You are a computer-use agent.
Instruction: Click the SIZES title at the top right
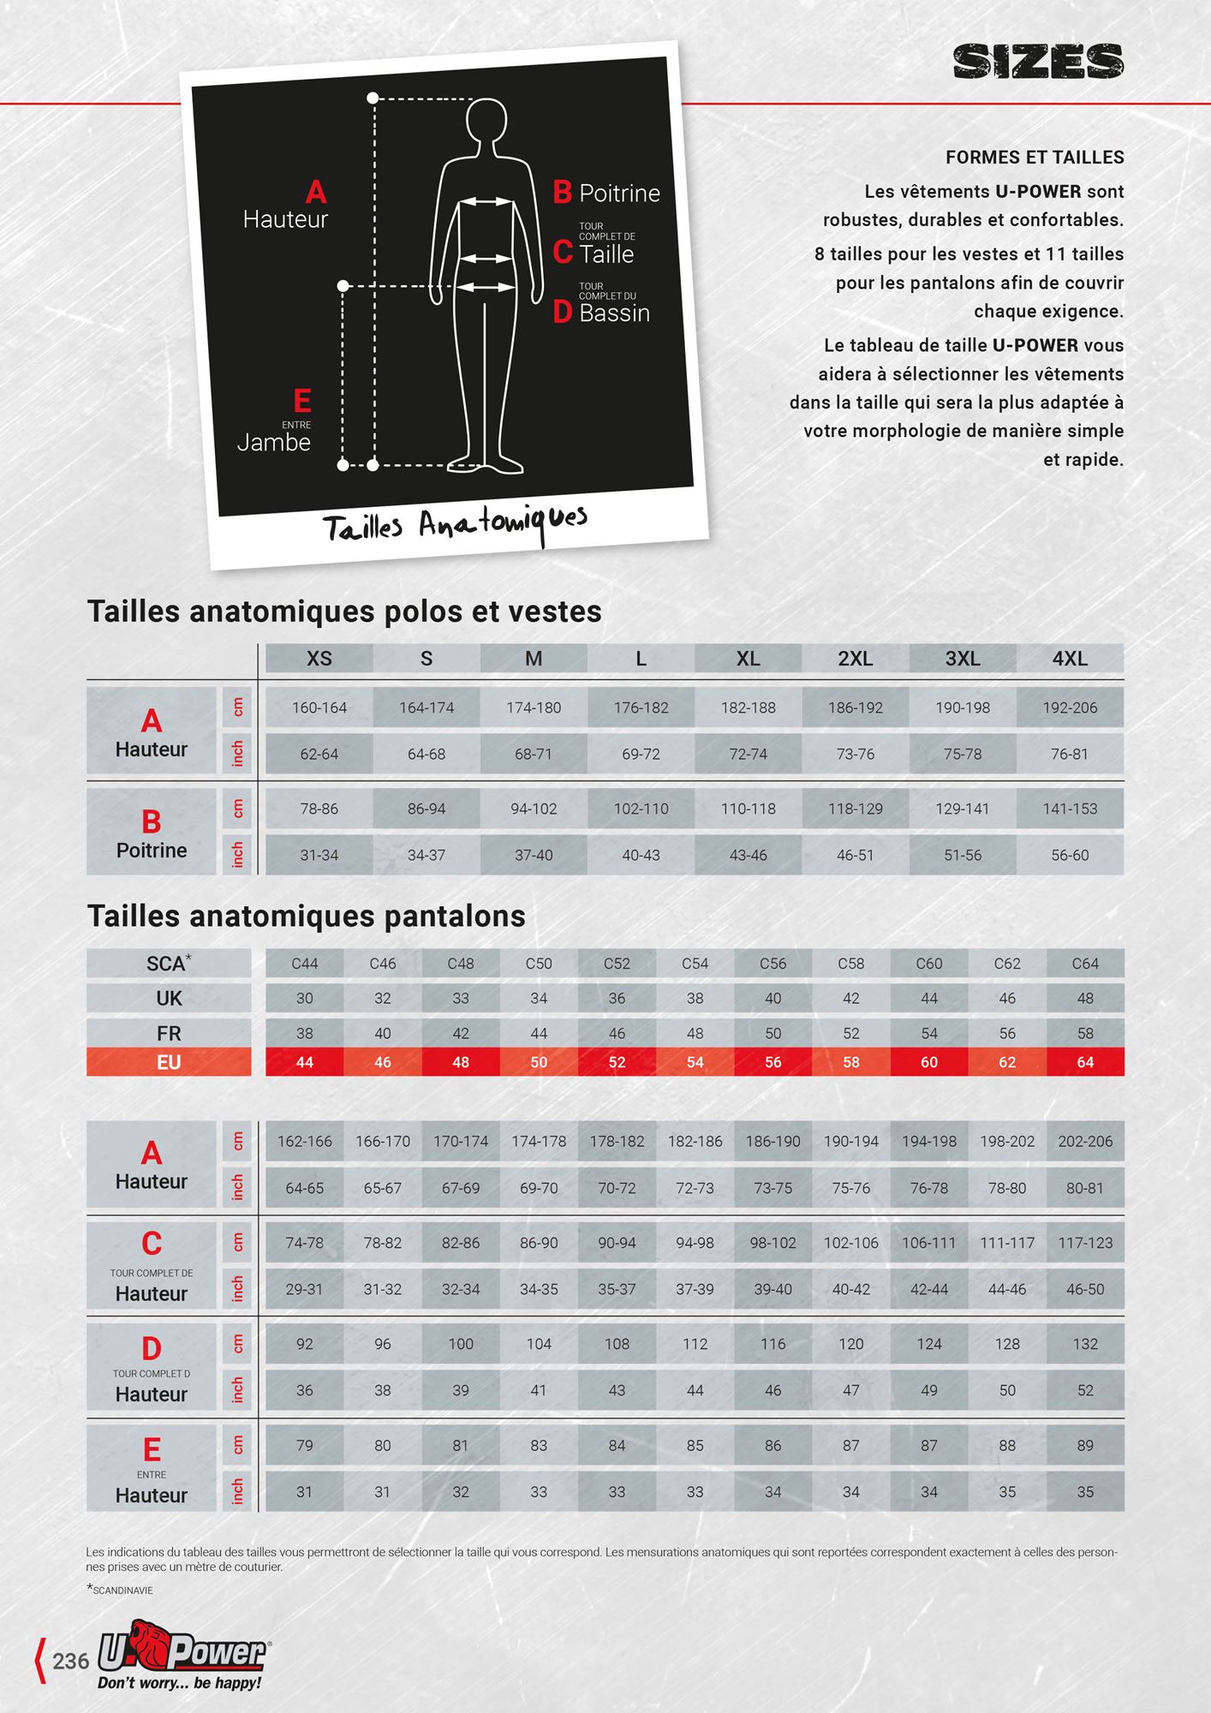pos(1038,62)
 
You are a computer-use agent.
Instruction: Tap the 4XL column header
pos(1070,659)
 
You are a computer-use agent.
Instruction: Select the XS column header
pos(319,659)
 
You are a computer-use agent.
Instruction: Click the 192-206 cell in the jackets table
pos(1070,707)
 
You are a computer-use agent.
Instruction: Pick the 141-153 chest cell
pos(1070,809)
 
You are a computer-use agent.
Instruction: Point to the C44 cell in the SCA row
pos(305,964)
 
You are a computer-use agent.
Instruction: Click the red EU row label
pos(169,1062)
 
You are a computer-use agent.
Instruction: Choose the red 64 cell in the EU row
pos(1085,1062)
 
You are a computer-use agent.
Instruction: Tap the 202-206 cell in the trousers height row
pos(1085,1142)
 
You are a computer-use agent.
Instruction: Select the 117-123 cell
pos(1085,1243)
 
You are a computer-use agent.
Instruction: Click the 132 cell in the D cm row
pos(1085,1344)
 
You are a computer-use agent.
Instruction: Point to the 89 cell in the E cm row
pos(1085,1445)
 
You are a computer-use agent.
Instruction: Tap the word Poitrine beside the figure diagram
pos(619,194)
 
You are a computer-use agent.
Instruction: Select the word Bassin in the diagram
pos(614,313)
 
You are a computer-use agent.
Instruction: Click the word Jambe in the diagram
pos(273,443)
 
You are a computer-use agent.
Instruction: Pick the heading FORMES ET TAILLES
pos(1035,158)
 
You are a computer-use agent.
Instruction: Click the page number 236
pos(70,1662)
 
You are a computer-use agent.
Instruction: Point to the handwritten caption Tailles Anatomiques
pos(455,523)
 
